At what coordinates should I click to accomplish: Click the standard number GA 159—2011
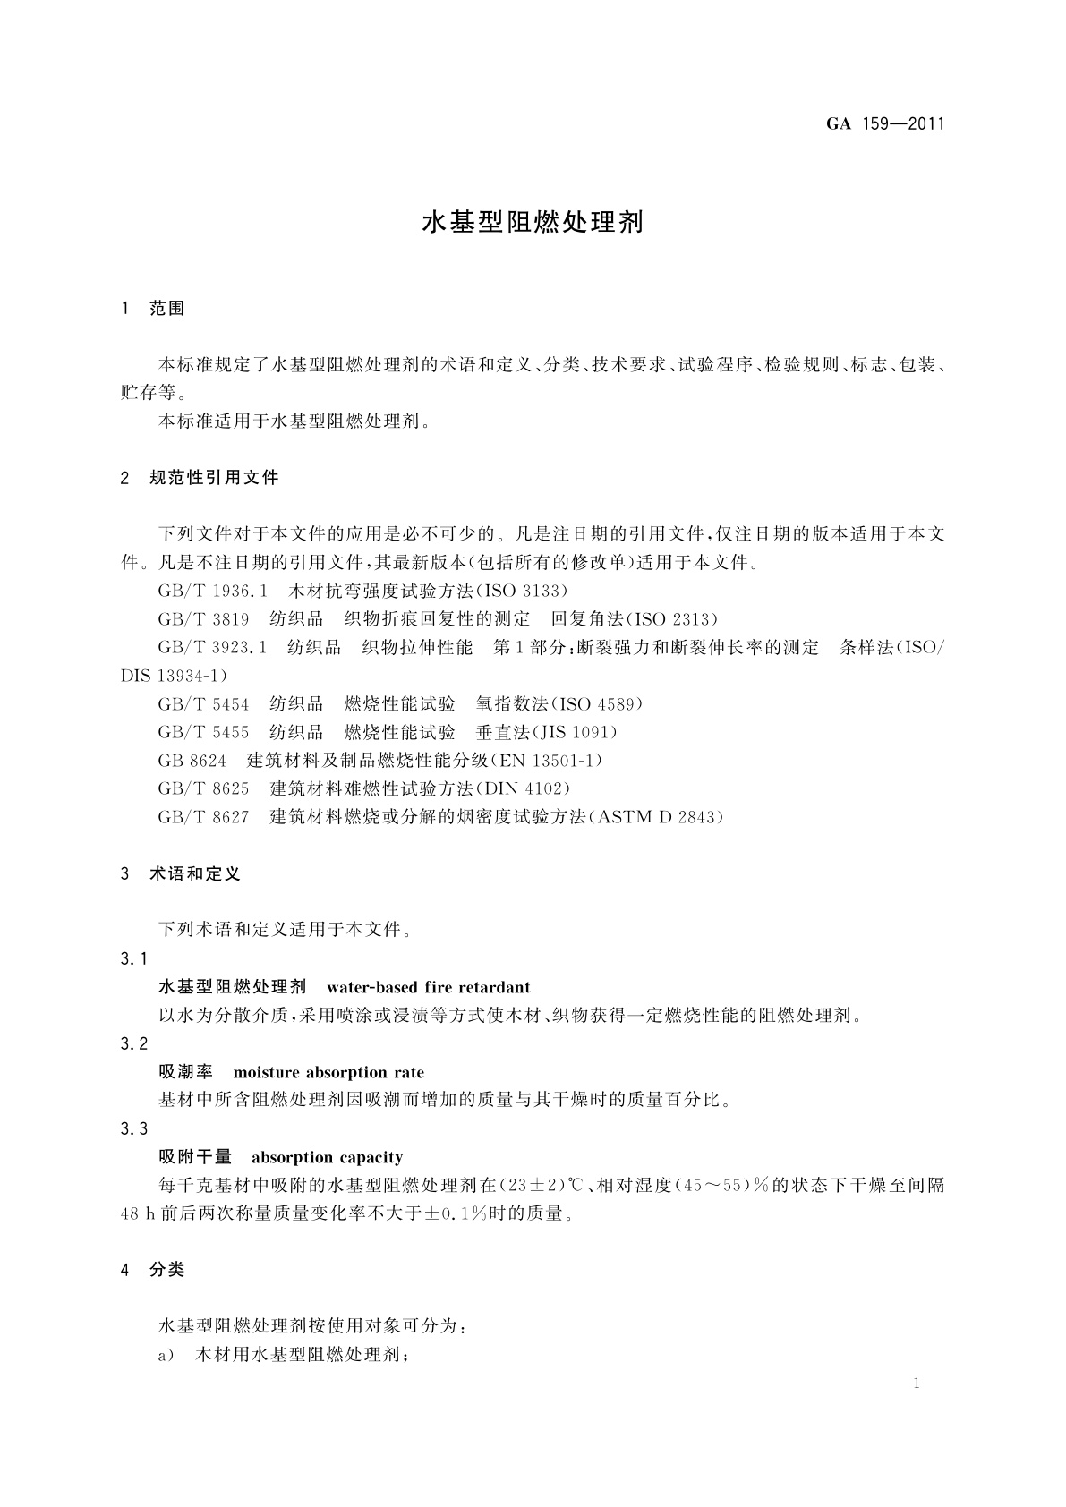[x=884, y=124]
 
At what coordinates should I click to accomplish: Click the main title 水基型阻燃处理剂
[x=533, y=222]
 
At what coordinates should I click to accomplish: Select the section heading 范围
[x=166, y=309]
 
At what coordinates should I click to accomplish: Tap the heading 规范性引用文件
[x=215, y=478]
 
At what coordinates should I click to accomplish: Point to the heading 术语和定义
[x=195, y=874]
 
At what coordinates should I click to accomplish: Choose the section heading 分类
[x=166, y=1270]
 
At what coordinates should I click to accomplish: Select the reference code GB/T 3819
[x=204, y=619]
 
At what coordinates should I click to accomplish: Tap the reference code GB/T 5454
[x=204, y=704]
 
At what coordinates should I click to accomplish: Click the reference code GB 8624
[x=192, y=761]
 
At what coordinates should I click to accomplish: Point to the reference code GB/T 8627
[x=204, y=817]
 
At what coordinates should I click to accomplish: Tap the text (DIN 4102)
[x=525, y=789]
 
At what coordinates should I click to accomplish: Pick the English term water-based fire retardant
[x=429, y=988]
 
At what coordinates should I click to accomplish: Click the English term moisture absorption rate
[x=328, y=1072]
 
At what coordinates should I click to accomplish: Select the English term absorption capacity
[x=328, y=1157]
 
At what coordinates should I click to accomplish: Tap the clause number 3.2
[x=134, y=1043]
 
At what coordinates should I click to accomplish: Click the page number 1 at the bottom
[x=917, y=1384]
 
